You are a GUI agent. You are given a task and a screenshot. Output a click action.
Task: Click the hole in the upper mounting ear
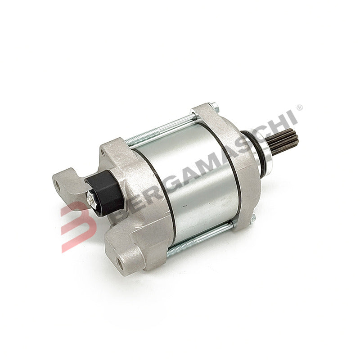(58, 184)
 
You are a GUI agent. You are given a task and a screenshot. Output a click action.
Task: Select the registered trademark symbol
(300, 108)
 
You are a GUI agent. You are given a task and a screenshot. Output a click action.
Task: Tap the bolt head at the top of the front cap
(216, 107)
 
